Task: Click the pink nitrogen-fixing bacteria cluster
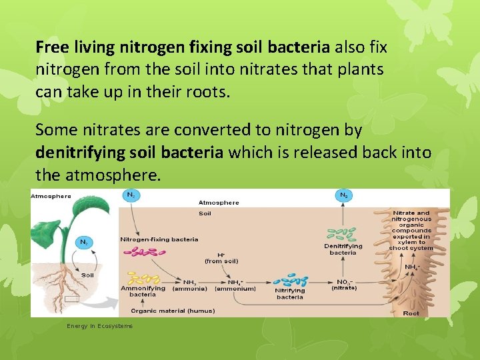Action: (144, 252)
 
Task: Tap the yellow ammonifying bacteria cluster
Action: (143, 279)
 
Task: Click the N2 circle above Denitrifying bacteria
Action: (343, 195)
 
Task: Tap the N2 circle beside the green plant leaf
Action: (83, 243)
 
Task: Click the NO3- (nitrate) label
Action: (344, 285)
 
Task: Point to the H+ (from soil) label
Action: (221, 257)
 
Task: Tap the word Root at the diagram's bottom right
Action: (411, 313)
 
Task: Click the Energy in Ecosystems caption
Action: (99, 326)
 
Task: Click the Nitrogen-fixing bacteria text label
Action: (159, 239)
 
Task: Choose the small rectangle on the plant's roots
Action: (72, 299)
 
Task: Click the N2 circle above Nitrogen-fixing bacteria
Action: (131, 195)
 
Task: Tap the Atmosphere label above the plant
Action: (51, 196)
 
